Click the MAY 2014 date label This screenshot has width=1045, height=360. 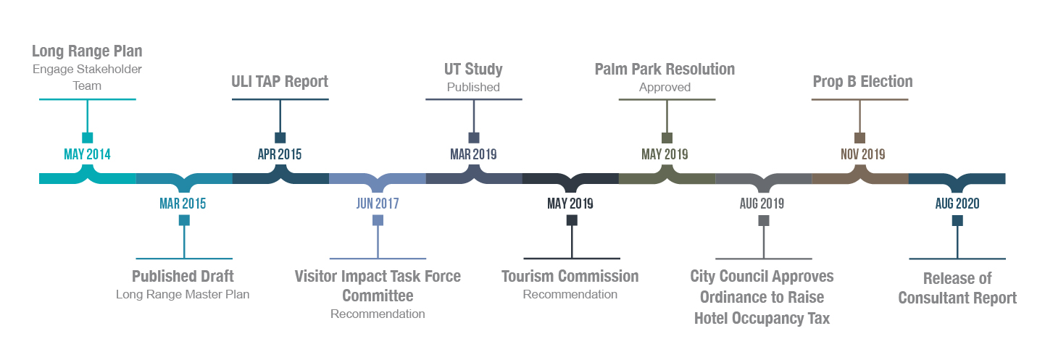click(87, 154)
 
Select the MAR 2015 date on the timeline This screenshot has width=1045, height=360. click(183, 204)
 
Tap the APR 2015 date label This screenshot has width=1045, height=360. click(280, 154)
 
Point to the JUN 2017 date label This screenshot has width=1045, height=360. click(377, 204)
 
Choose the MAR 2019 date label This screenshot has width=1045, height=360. click(473, 154)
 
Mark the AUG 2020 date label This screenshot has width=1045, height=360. click(957, 204)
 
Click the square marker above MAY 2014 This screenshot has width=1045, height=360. click(88, 138)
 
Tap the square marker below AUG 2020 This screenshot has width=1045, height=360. click(957, 220)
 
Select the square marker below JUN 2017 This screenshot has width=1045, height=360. click(378, 220)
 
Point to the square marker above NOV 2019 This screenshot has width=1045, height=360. click(860, 138)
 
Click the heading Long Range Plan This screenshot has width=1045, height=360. click(87, 51)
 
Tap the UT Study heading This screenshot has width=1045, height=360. click(473, 70)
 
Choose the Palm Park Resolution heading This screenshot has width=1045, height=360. click(665, 70)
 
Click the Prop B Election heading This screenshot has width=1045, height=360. click(862, 82)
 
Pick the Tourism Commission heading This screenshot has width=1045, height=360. click(570, 276)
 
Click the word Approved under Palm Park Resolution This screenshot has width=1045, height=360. click(665, 87)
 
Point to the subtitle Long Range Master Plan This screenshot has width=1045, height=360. click(183, 295)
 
